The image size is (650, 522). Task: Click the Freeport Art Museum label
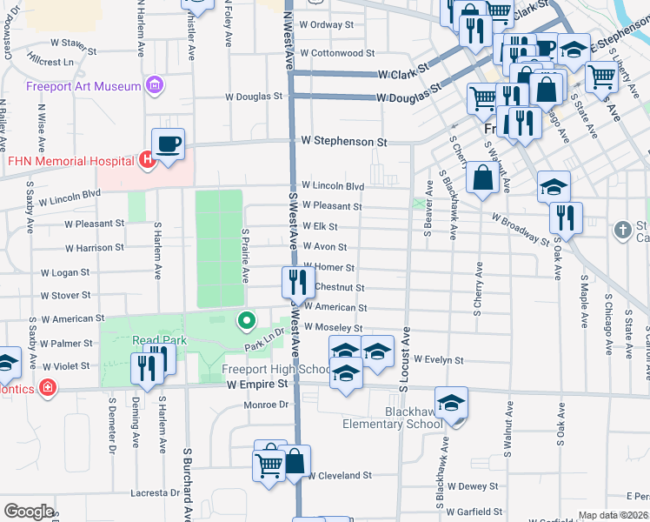click(83, 87)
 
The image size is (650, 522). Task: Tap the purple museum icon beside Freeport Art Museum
click(156, 86)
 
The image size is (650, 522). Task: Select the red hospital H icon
click(147, 159)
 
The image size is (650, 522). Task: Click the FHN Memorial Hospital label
click(70, 161)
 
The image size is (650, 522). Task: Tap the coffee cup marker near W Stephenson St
click(168, 143)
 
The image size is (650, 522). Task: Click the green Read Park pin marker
click(247, 322)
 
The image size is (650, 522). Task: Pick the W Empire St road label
click(255, 384)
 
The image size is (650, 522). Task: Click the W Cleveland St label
click(339, 476)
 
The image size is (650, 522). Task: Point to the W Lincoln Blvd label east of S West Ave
click(333, 186)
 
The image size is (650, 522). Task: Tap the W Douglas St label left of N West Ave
click(254, 97)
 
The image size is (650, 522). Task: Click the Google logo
click(29, 512)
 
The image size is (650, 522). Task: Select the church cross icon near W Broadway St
click(621, 230)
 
